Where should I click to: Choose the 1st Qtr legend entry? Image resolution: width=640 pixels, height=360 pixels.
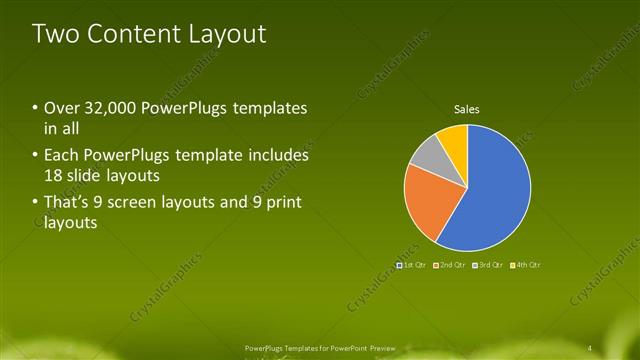412,265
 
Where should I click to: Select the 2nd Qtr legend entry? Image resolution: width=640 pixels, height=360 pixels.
449,265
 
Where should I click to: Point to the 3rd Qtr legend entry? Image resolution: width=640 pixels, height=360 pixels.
487,265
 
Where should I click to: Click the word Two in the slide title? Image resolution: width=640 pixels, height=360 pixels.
57,34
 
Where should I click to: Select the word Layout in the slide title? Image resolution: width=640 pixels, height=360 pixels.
230,34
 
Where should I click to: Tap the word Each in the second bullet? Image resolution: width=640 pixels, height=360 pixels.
63,156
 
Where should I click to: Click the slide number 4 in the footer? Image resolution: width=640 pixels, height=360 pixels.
591,347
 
